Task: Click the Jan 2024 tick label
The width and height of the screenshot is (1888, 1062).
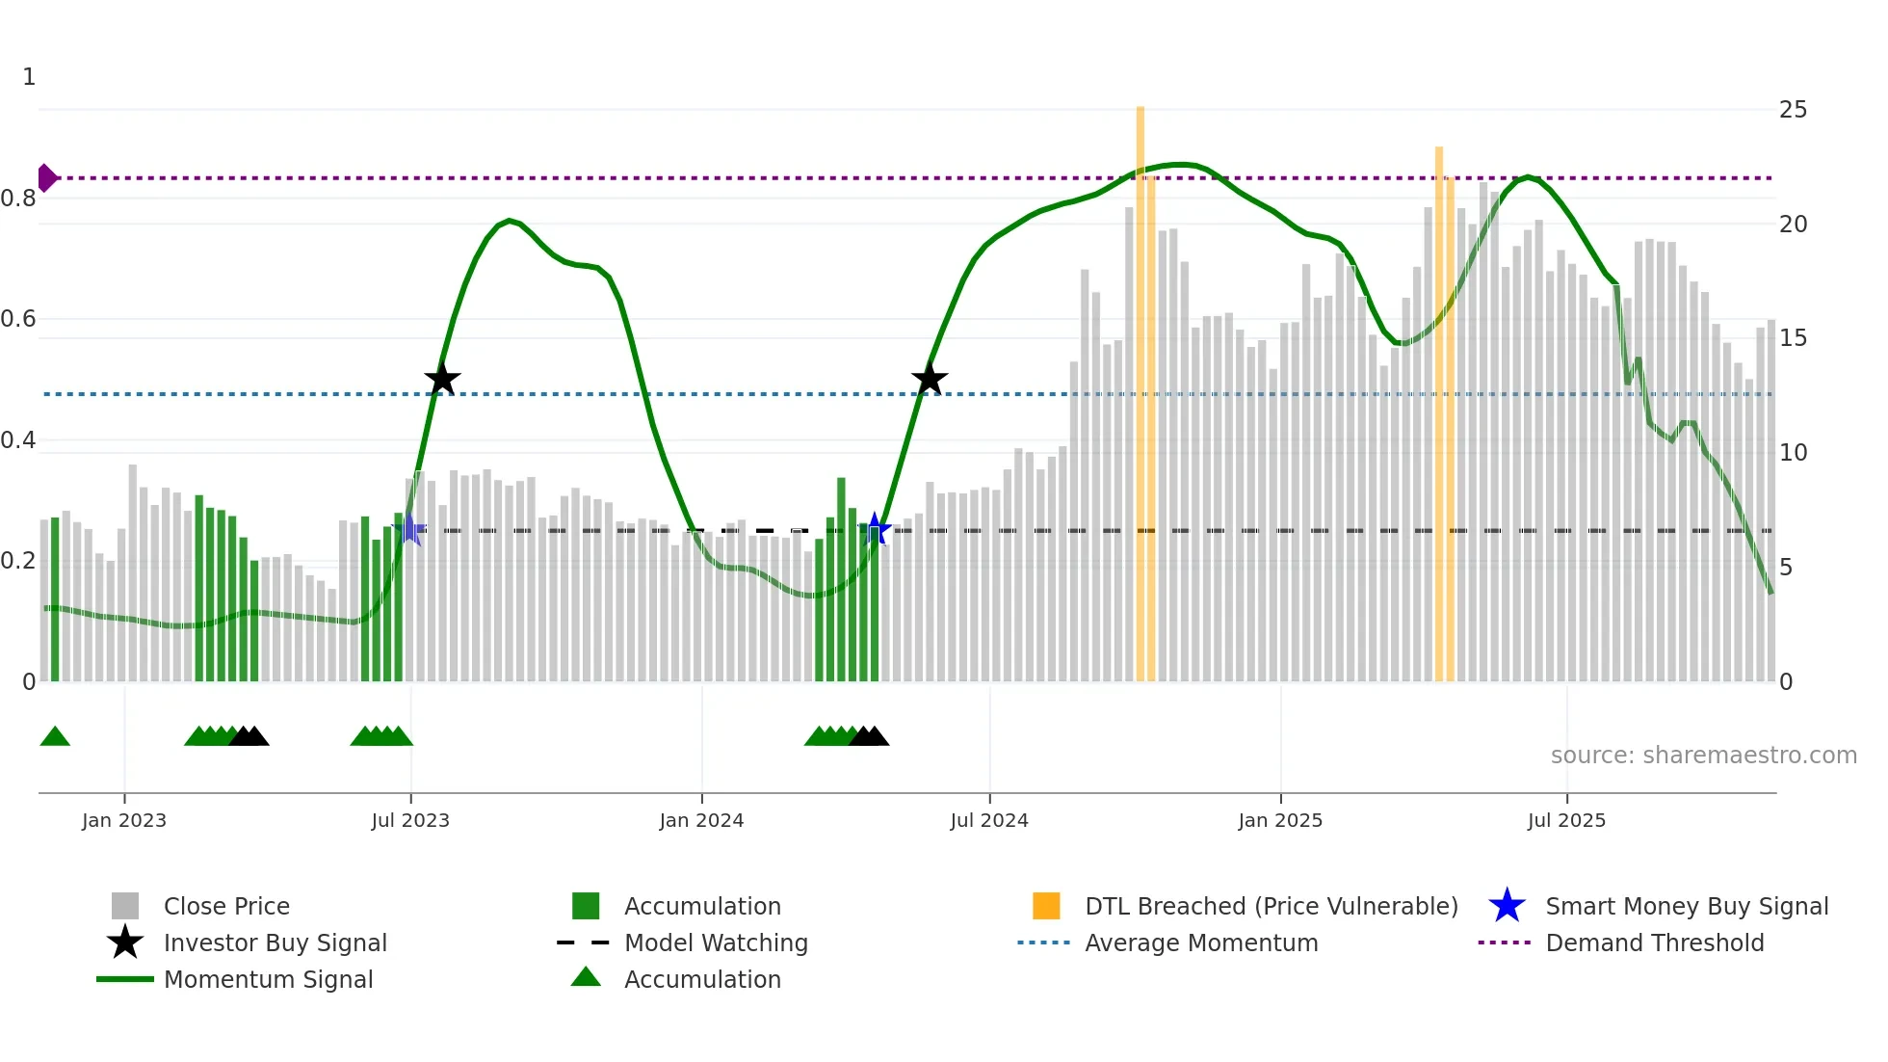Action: click(x=701, y=820)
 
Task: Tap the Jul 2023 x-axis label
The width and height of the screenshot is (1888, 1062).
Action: click(x=410, y=820)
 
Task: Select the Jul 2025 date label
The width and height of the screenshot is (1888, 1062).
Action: click(x=1566, y=820)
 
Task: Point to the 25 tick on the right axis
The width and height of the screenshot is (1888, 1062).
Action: click(x=1793, y=110)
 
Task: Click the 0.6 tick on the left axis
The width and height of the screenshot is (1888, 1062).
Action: click(x=18, y=319)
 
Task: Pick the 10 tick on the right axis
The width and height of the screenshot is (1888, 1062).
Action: click(x=1793, y=453)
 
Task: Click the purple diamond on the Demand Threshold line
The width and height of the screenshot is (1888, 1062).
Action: click(x=46, y=178)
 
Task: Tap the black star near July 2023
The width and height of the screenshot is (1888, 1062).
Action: click(x=442, y=380)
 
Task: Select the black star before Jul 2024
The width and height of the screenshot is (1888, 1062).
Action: click(x=930, y=380)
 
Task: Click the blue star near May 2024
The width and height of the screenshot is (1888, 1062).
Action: click(x=875, y=529)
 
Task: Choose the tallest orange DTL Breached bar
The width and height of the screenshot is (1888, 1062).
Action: click(x=1141, y=385)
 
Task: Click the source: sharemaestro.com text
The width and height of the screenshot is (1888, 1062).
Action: click(x=1703, y=756)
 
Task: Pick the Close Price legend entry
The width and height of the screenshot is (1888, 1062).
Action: click(x=226, y=906)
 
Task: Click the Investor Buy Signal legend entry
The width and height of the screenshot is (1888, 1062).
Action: click(x=275, y=943)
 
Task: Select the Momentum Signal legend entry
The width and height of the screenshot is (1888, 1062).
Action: click(x=268, y=979)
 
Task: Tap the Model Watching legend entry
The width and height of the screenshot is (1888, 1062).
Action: click(x=716, y=943)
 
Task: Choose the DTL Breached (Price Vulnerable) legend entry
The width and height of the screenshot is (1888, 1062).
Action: click(x=1271, y=906)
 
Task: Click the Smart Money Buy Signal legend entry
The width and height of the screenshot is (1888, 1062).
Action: click(x=1687, y=906)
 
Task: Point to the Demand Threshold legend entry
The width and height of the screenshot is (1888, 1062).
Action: click(x=1654, y=943)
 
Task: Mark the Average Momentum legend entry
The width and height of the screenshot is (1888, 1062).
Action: click(x=1201, y=943)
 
